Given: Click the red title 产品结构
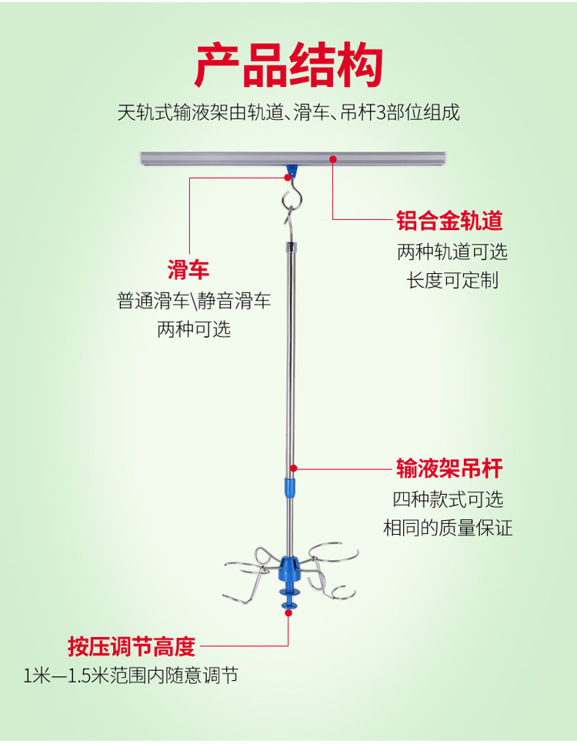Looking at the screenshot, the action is coord(288,66).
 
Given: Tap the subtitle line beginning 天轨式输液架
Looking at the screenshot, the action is coord(288,113).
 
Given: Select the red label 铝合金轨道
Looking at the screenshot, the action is coord(449,222).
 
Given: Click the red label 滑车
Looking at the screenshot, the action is coord(188,269).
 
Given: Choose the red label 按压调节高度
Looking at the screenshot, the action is coord(131,646).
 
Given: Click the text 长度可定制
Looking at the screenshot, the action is coord(452,280).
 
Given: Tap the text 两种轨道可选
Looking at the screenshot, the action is coord(452,252).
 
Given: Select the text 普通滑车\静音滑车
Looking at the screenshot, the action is coord(194,301).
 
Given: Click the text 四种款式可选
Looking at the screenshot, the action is coord(448,499).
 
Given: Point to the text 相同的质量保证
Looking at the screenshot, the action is coord(448,528).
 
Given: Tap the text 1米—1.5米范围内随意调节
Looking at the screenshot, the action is coord(131,676).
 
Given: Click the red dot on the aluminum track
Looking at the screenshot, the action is coord(333,159).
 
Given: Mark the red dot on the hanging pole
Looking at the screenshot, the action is coord(293,466).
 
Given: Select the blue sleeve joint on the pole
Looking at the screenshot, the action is coord(290,486).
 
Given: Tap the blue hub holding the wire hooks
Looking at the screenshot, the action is coord(290,568).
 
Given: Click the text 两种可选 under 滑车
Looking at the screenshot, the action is coord(194,329).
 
